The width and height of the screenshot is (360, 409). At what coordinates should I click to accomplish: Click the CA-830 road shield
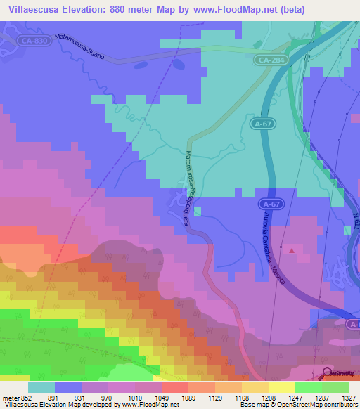click(35, 41)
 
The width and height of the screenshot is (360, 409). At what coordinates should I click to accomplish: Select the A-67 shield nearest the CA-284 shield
click(262, 124)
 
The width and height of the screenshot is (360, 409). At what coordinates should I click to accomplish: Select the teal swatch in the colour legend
click(41, 387)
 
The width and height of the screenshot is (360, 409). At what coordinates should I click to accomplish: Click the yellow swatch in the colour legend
click(281, 387)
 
